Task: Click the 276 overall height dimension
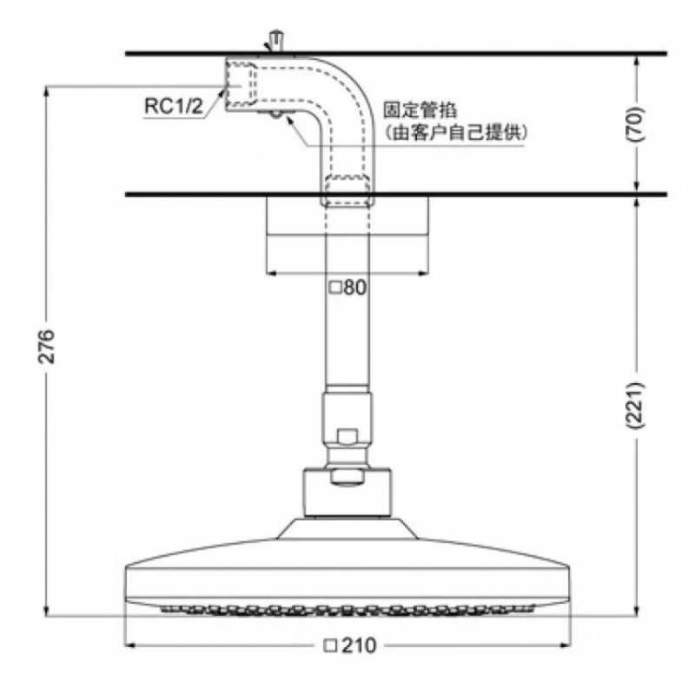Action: (x=47, y=347)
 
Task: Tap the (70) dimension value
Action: (x=635, y=123)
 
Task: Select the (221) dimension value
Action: (x=635, y=406)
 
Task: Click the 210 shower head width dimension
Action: (x=359, y=645)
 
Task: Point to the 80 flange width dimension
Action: (x=355, y=288)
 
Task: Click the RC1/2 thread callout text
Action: (x=174, y=106)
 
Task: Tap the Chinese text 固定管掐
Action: (x=420, y=110)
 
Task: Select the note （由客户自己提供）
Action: (x=455, y=133)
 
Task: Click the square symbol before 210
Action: (x=330, y=645)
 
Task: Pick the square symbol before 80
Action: (x=335, y=288)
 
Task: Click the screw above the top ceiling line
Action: (x=276, y=41)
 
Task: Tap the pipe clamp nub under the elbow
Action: (x=275, y=115)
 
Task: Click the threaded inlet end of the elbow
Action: (x=241, y=84)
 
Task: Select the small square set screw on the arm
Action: (x=347, y=437)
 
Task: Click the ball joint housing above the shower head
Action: (x=348, y=493)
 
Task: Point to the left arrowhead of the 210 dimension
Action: (x=129, y=645)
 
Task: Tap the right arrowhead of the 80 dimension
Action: (x=424, y=274)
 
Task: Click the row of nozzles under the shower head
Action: (x=347, y=610)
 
